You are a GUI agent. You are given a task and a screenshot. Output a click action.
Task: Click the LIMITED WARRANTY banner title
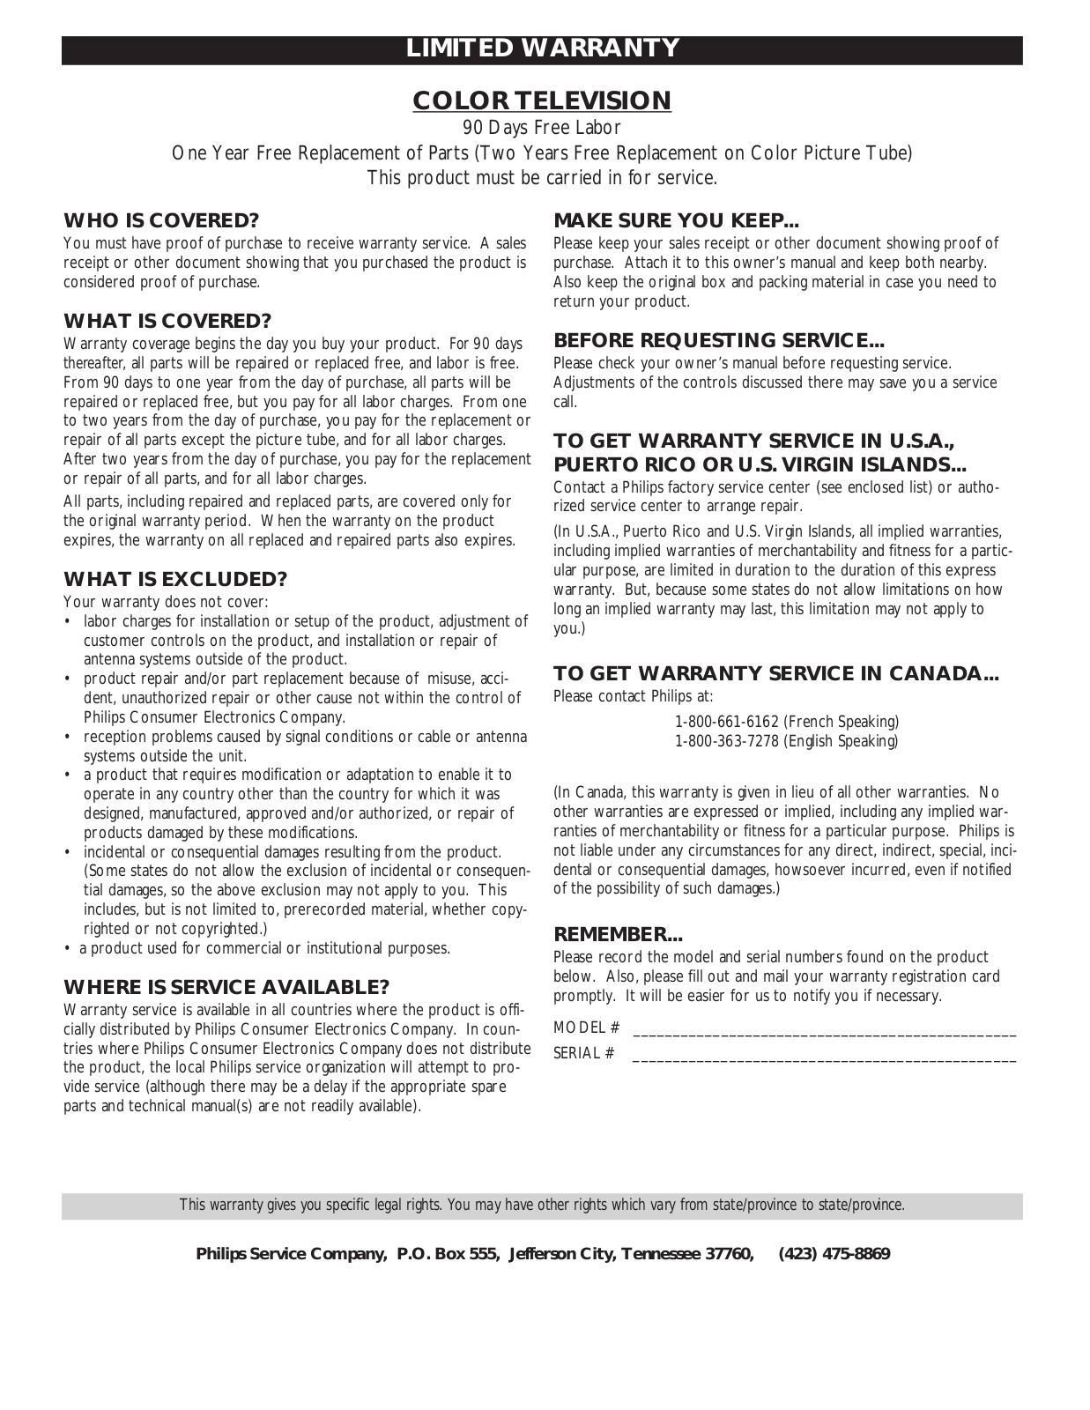(x=542, y=48)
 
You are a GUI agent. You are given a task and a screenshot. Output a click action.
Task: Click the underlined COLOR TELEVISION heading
(x=542, y=101)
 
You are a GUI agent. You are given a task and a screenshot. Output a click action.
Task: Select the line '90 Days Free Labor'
(x=542, y=129)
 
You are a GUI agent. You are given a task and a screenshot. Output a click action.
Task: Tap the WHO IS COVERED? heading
(x=160, y=220)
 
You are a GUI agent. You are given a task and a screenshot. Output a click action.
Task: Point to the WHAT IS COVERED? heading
(x=167, y=321)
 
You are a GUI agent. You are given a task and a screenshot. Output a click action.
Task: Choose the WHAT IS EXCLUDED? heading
(x=175, y=579)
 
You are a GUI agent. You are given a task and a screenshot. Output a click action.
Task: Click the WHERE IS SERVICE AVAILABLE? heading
(x=226, y=987)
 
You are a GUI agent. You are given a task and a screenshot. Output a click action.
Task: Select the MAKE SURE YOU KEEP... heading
(x=676, y=220)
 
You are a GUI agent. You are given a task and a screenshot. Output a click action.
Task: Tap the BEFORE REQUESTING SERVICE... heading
(x=718, y=340)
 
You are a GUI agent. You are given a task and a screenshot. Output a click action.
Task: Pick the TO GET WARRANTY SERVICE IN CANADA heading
(x=775, y=674)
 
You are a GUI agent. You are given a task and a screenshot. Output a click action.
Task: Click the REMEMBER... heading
(x=618, y=934)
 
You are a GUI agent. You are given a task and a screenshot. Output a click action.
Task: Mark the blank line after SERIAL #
(x=824, y=1054)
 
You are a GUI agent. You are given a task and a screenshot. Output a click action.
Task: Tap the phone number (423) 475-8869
(x=834, y=1254)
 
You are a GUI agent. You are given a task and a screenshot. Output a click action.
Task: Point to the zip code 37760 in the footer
(x=730, y=1254)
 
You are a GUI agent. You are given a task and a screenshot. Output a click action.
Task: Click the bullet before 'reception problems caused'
(x=68, y=738)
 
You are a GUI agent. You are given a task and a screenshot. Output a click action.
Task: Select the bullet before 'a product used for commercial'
(x=68, y=949)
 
